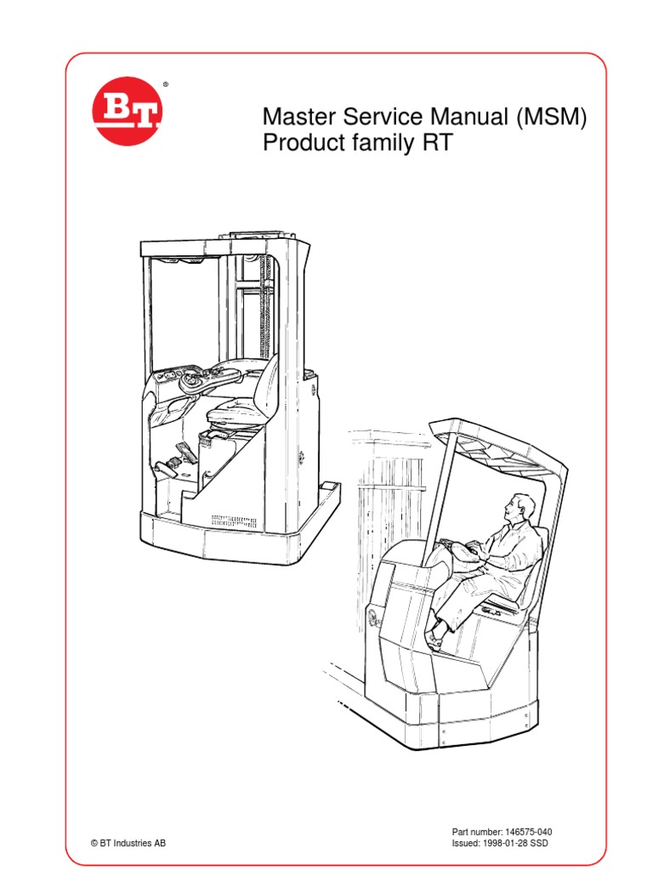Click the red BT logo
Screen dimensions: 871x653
(x=128, y=113)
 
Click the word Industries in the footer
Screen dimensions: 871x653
(x=134, y=844)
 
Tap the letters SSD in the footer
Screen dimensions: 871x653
(x=554, y=844)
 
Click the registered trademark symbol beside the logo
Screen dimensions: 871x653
(x=165, y=85)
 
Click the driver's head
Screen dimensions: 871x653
(x=518, y=510)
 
